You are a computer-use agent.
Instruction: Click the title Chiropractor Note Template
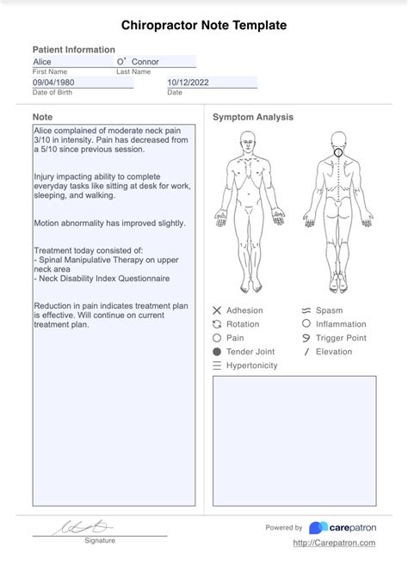pos(204,26)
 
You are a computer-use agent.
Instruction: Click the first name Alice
pos(42,62)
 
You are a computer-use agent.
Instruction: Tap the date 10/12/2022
pos(188,83)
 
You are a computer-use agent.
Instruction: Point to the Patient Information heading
pos(73,50)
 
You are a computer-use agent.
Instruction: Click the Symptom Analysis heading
pos(253,117)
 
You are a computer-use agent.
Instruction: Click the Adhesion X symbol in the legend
pos(217,310)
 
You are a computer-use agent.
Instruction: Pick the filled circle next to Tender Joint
pos(217,352)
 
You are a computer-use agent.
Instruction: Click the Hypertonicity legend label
pos(251,365)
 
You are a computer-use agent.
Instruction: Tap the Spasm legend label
pos(329,310)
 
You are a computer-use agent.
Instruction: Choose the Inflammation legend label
pos(341,324)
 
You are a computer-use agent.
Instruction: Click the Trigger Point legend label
pos(341,338)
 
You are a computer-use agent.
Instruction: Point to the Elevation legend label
pos(334,352)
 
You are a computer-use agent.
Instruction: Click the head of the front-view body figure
pos(248,139)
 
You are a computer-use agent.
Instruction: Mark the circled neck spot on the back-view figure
pos(338,153)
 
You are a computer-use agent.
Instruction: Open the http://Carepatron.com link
pos(334,543)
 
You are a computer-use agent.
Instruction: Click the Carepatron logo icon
pos(318,527)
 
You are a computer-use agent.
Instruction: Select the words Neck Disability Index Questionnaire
pos(104,279)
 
